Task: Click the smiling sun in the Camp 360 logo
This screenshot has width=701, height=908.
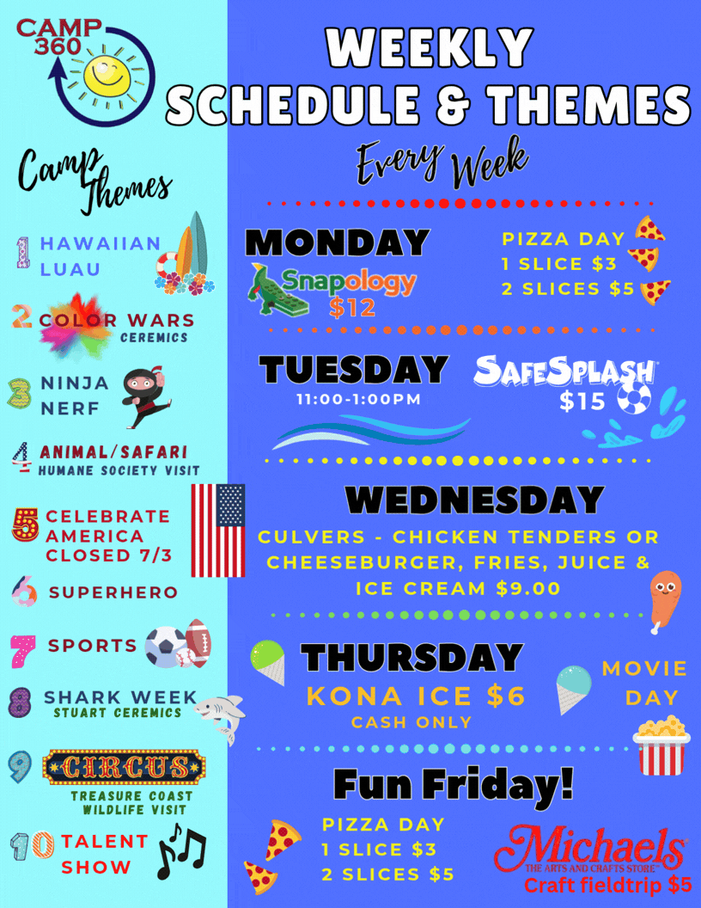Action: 104,72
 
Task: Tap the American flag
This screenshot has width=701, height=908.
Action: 217,530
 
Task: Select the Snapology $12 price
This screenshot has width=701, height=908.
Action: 352,307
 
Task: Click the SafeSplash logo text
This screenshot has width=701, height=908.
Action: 564,371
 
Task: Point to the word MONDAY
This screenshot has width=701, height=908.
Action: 338,242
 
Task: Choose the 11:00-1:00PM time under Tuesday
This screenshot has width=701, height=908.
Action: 358,401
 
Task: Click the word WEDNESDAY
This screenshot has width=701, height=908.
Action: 474,500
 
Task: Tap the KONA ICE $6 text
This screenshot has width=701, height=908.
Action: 415,696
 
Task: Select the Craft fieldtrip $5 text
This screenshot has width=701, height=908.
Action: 607,885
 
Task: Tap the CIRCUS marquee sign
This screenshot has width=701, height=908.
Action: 125,767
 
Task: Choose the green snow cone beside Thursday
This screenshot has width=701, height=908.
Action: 267,662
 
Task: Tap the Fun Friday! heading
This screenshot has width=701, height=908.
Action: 452,784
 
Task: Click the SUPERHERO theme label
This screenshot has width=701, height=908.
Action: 113,592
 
